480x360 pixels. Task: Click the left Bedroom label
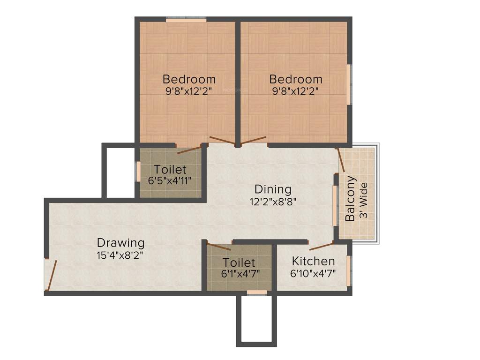pyautogui.click(x=189, y=79)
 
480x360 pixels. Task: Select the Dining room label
pyautogui.click(x=273, y=189)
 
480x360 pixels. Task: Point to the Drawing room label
pyautogui.click(x=120, y=243)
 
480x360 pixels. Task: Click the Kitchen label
pyautogui.click(x=313, y=261)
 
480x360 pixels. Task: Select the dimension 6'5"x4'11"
pyautogui.click(x=170, y=180)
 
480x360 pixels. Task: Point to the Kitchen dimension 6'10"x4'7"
pyautogui.click(x=313, y=273)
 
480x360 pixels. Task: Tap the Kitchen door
pyautogui.click(x=321, y=246)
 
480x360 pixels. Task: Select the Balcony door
pyautogui.click(x=341, y=160)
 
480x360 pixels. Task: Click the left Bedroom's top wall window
pyautogui.click(x=186, y=20)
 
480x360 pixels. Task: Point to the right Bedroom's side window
pyautogui.click(x=348, y=84)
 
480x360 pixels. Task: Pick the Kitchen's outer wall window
pyautogui.click(x=349, y=270)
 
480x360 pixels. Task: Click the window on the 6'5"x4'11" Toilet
pyautogui.click(x=138, y=171)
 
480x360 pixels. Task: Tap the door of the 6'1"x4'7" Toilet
pyautogui.click(x=218, y=247)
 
